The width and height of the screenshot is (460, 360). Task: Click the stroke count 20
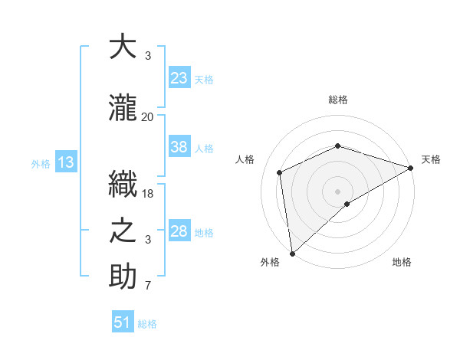pyautogui.click(x=147, y=117)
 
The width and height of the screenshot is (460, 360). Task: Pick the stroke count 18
pyautogui.click(x=148, y=194)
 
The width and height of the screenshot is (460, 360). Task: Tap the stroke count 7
pyautogui.click(x=148, y=287)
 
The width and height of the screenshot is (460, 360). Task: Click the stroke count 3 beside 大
pyautogui.click(x=148, y=57)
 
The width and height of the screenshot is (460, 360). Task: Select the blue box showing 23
pyautogui.click(x=179, y=78)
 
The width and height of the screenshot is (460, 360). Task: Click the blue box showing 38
pyautogui.click(x=179, y=148)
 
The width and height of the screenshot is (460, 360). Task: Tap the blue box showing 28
pyautogui.click(x=179, y=231)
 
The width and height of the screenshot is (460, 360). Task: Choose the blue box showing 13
pyautogui.click(x=65, y=162)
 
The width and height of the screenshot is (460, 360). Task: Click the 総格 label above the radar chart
pyautogui.click(x=337, y=100)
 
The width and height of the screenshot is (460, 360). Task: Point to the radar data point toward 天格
pyautogui.click(x=411, y=169)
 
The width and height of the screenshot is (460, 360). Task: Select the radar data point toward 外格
pyautogui.click(x=292, y=254)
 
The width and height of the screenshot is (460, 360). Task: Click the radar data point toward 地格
pyautogui.click(x=347, y=204)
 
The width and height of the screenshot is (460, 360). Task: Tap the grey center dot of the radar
pyautogui.click(x=337, y=190)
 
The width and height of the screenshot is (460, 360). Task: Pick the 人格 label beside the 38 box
pyautogui.click(x=204, y=149)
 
